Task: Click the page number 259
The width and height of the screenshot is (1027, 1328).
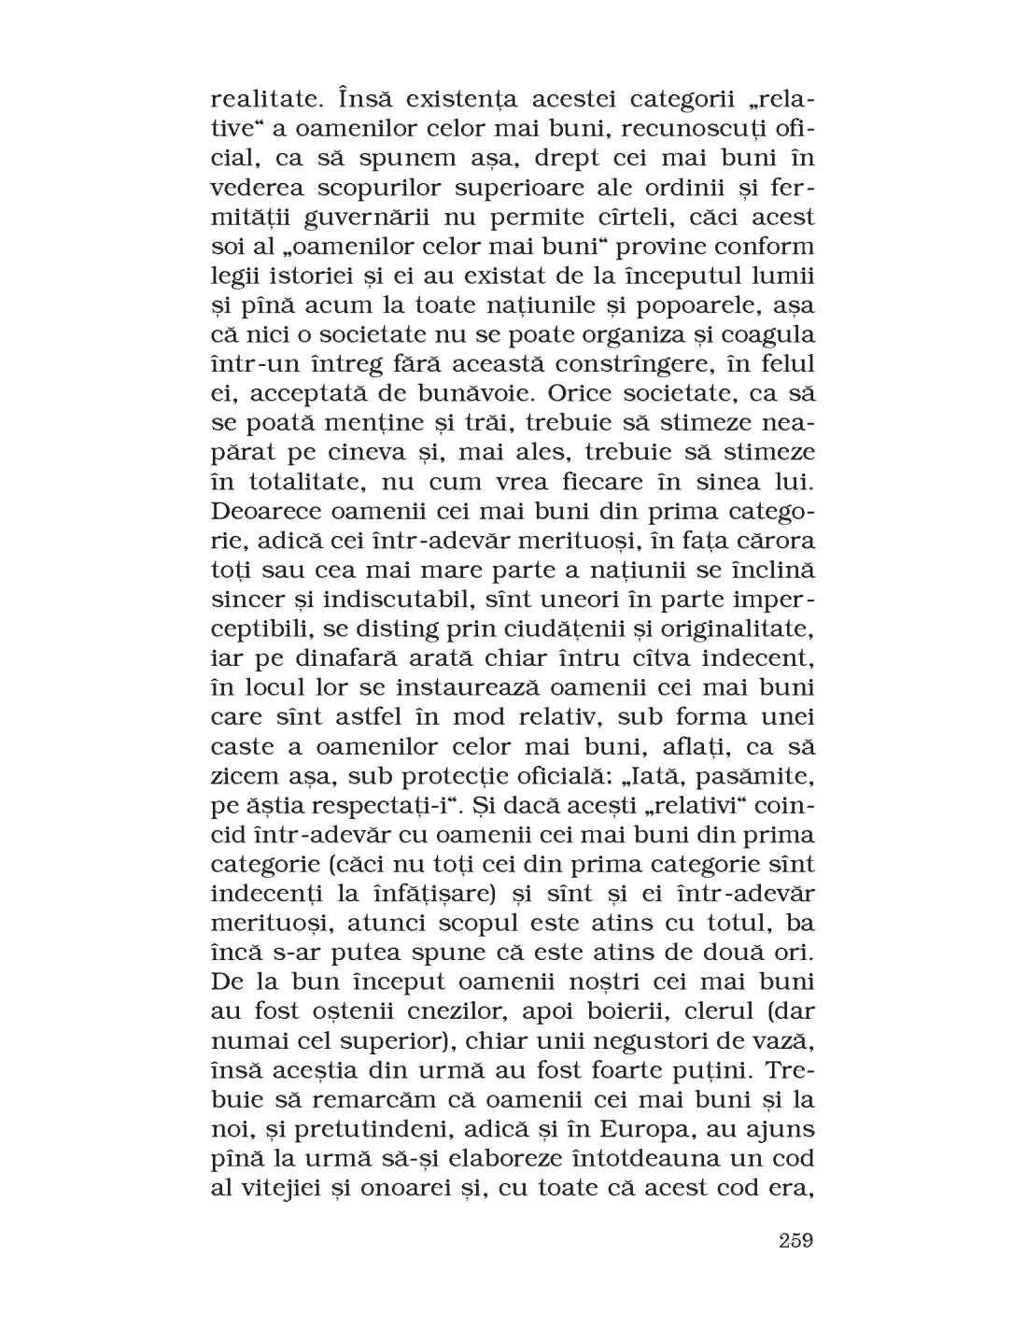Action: point(795,1240)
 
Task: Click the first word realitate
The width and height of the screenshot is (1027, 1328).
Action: point(260,97)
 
